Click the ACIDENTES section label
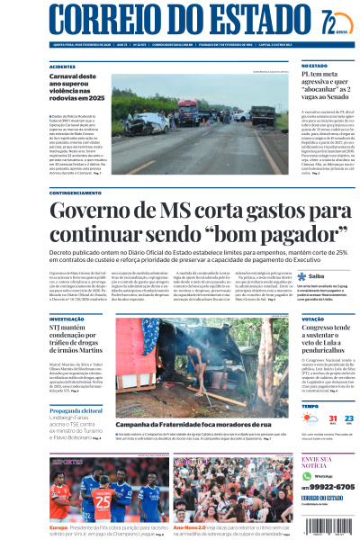tap(62, 67)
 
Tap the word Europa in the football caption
tap(58, 527)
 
